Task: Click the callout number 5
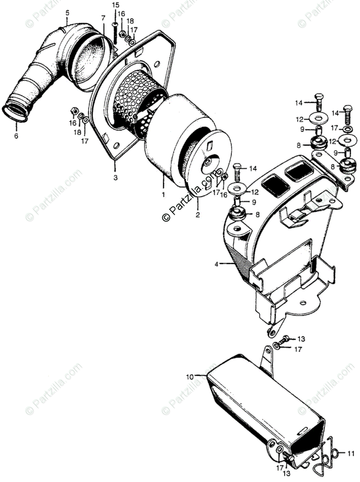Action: [x=67, y=13]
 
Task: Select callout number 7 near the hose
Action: [x=103, y=18]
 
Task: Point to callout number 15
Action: [x=115, y=5]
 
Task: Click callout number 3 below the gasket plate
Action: [x=115, y=177]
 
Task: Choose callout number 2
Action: [x=197, y=215]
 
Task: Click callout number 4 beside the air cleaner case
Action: [x=217, y=264]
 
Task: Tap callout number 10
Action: [x=190, y=377]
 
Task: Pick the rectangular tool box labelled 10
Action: [x=257, y=414]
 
